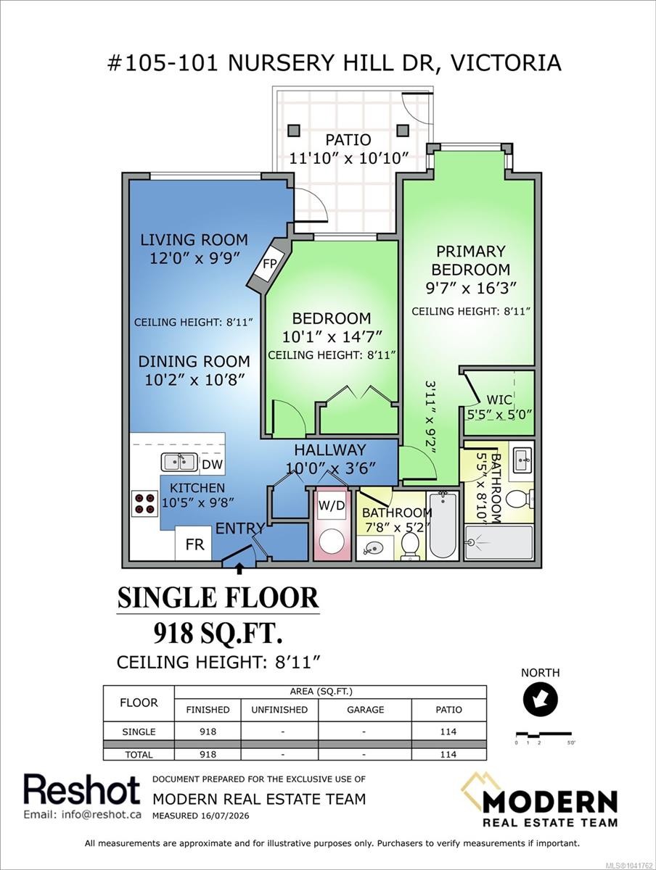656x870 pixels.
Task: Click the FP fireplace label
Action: [269, 264]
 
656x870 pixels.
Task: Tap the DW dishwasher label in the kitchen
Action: [212, 464]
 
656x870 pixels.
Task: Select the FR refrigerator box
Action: [194, 543]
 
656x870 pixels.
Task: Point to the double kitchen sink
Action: [179, 462]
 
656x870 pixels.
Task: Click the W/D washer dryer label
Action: [332, 505]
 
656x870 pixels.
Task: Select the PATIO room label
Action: [348, 139]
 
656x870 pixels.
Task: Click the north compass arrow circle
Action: [540, 699]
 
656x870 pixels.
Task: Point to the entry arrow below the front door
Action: [239, 568]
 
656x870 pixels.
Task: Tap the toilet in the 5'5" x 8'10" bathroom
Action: [520, 498]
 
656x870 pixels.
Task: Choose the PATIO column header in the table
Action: [448, 710]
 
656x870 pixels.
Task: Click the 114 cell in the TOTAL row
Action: [448, 754]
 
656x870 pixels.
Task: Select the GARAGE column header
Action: [365, 710]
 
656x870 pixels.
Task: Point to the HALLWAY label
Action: [330, 449]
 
